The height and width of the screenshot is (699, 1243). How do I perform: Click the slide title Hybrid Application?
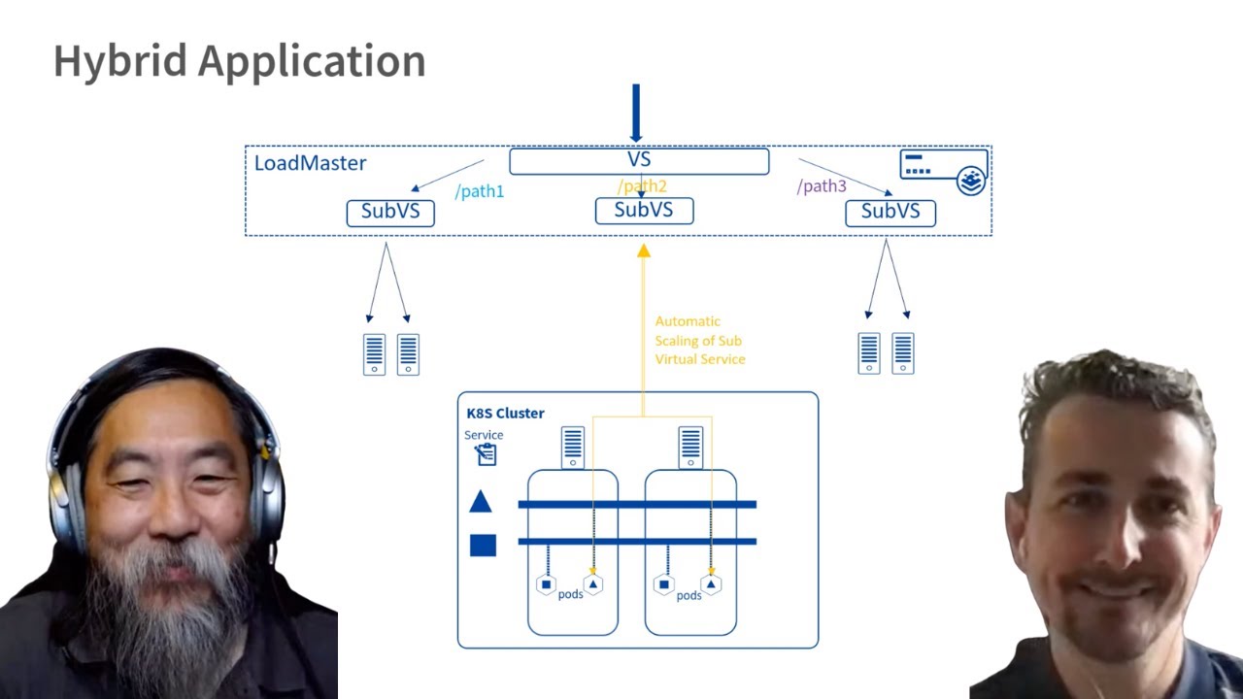tap(239, 61)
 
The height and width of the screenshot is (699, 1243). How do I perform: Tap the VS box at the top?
tap(638, 160)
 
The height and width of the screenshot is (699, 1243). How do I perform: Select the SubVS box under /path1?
tap(390, 212)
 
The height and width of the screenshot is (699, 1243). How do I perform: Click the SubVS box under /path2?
tap(644, 210)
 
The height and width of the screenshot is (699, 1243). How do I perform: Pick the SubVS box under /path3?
tap(890, 213)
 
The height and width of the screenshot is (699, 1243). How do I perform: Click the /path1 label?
tap(480, 191)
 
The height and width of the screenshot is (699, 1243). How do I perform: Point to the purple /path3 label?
tap(822, 186)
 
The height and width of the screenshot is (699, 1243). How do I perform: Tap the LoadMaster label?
tap(310, 163)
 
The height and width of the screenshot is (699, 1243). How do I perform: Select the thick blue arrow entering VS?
tap(636, 113)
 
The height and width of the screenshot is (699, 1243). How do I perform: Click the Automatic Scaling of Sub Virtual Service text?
tap(699, 340)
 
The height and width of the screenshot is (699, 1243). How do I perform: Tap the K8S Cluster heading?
tap(505, 413)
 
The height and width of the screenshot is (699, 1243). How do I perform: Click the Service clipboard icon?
tap(486, 453)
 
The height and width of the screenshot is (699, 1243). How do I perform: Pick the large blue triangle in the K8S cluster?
tap(481, 502)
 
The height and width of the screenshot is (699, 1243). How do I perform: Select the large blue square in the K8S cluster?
tap(483, 545)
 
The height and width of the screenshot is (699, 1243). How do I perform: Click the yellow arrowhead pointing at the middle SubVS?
tap(643, 250)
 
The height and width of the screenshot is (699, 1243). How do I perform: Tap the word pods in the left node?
tap(571, 593)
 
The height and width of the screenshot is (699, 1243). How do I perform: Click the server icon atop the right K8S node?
tap(690, 447)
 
